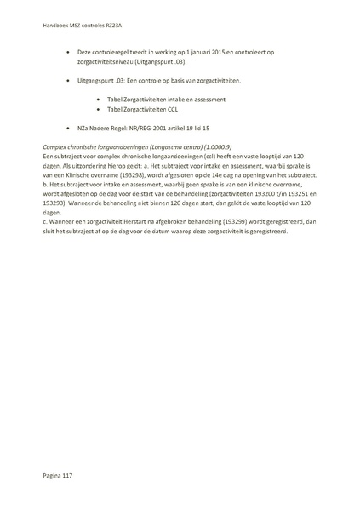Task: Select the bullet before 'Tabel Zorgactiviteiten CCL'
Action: click(x=100, y=110)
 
